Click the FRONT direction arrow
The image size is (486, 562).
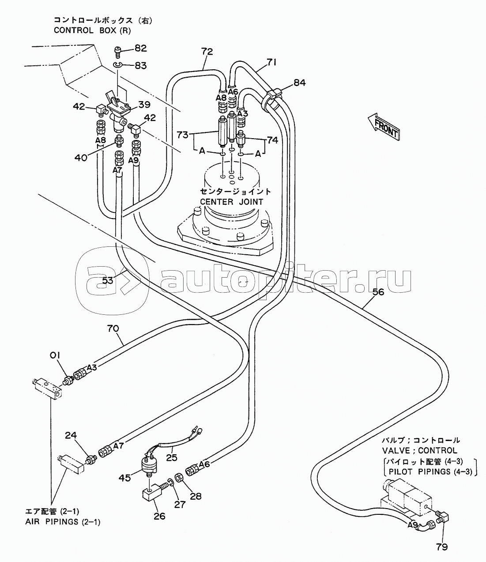[x=384, y=127]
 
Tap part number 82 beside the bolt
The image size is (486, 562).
[x=140, y=48]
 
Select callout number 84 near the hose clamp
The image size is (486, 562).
[x=300, y=83]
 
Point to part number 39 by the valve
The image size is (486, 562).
[x=144, y=104]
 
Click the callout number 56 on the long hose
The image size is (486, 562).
[x=378, y=292]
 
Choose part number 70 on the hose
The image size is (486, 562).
[x=113, y=329]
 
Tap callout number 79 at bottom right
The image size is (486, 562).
[x=441, y=547]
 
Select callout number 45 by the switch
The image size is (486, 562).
[x=125, y=485]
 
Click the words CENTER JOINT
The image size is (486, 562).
[x=232, y=202]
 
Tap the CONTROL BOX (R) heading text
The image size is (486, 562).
[x=92, y=30]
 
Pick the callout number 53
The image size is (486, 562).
[x=107, y=280]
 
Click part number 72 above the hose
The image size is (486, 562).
[x=207, y=51]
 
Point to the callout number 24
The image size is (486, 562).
[x=71, y=435]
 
